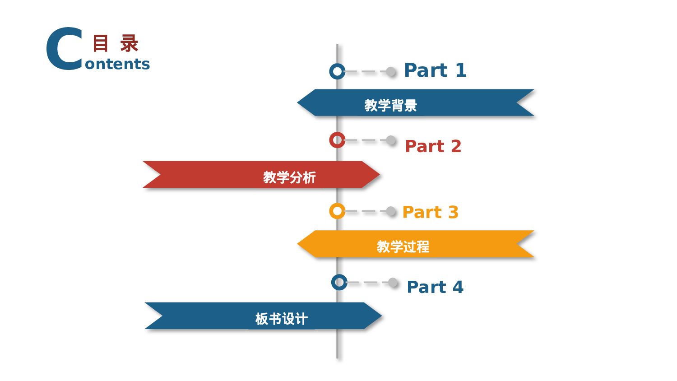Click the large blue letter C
pos(65,49)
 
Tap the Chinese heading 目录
pos(115,44)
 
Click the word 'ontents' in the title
pos(117,64)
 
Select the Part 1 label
pos(435,70)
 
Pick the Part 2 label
pos(433,146)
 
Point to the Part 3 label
pos(430,212)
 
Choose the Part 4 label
pos(435,287)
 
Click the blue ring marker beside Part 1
pos(337,71)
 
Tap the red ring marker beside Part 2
pos(337,140)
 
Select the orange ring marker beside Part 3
pos(337,211)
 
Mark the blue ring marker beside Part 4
pos(339,282)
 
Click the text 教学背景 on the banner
pos(390,105)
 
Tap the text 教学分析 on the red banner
pos(289,177)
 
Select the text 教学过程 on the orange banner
pos(403,246)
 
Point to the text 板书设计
pos(281,319)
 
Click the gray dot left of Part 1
pos(391,71)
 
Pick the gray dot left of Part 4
pos(393,283)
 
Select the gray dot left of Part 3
pos(391,211)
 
